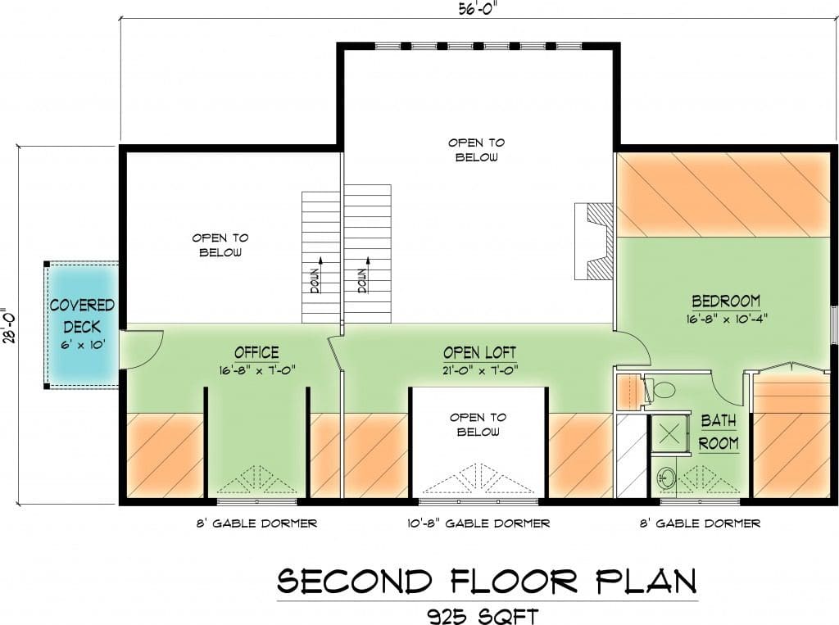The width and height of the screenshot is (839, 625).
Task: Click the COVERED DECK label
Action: click(82, 315)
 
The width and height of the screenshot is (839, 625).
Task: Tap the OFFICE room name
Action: click(256, 352)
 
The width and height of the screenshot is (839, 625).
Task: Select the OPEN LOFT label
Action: click(479, 352)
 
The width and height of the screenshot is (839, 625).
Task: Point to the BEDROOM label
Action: click(726, 301)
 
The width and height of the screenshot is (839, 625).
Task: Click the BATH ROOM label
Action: click(719, 432)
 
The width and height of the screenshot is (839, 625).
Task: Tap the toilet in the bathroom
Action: click(662, 389)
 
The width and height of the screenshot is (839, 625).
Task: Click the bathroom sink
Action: click(665, 478)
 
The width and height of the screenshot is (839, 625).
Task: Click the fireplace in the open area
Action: click(594, 241)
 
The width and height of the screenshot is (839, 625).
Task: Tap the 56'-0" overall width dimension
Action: click(474, 9)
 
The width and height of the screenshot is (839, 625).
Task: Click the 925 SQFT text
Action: click(482, 616)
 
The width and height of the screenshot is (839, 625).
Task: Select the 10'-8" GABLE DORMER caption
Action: click(478, 523)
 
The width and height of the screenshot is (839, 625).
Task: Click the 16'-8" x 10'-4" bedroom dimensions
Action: click(727, 319)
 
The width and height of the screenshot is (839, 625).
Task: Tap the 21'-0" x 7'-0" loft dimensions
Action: click(479, 370)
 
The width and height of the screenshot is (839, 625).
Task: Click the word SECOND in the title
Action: click(355, 581)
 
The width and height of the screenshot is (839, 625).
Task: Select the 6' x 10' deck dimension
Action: click(82, 345)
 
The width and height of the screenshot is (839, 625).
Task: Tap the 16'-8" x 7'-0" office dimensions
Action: click(256, 370)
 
